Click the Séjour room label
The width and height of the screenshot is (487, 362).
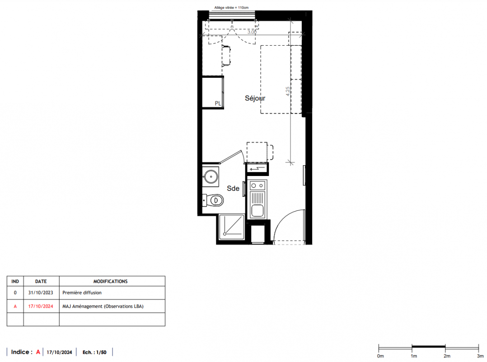255,98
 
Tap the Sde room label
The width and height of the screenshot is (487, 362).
233,188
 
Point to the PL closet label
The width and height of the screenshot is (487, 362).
218,103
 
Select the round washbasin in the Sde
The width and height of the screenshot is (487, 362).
211,176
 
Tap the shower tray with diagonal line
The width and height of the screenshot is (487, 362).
232,227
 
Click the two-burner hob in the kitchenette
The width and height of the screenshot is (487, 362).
258,186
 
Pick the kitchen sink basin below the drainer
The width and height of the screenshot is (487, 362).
257,211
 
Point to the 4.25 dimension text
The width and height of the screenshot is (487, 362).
288,91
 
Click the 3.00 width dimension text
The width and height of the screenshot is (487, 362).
252,32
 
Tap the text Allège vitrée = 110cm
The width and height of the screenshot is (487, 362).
231,7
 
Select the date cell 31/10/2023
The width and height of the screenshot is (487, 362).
41,293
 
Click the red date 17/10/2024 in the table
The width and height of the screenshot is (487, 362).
41,306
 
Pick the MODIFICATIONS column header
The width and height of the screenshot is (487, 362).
111,281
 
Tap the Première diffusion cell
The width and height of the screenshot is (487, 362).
82,293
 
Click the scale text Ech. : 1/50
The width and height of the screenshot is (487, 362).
94,352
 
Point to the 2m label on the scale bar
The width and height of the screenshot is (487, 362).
447,356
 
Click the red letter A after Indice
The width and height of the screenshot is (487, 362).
38,352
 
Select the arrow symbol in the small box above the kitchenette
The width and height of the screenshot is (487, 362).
257,169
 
